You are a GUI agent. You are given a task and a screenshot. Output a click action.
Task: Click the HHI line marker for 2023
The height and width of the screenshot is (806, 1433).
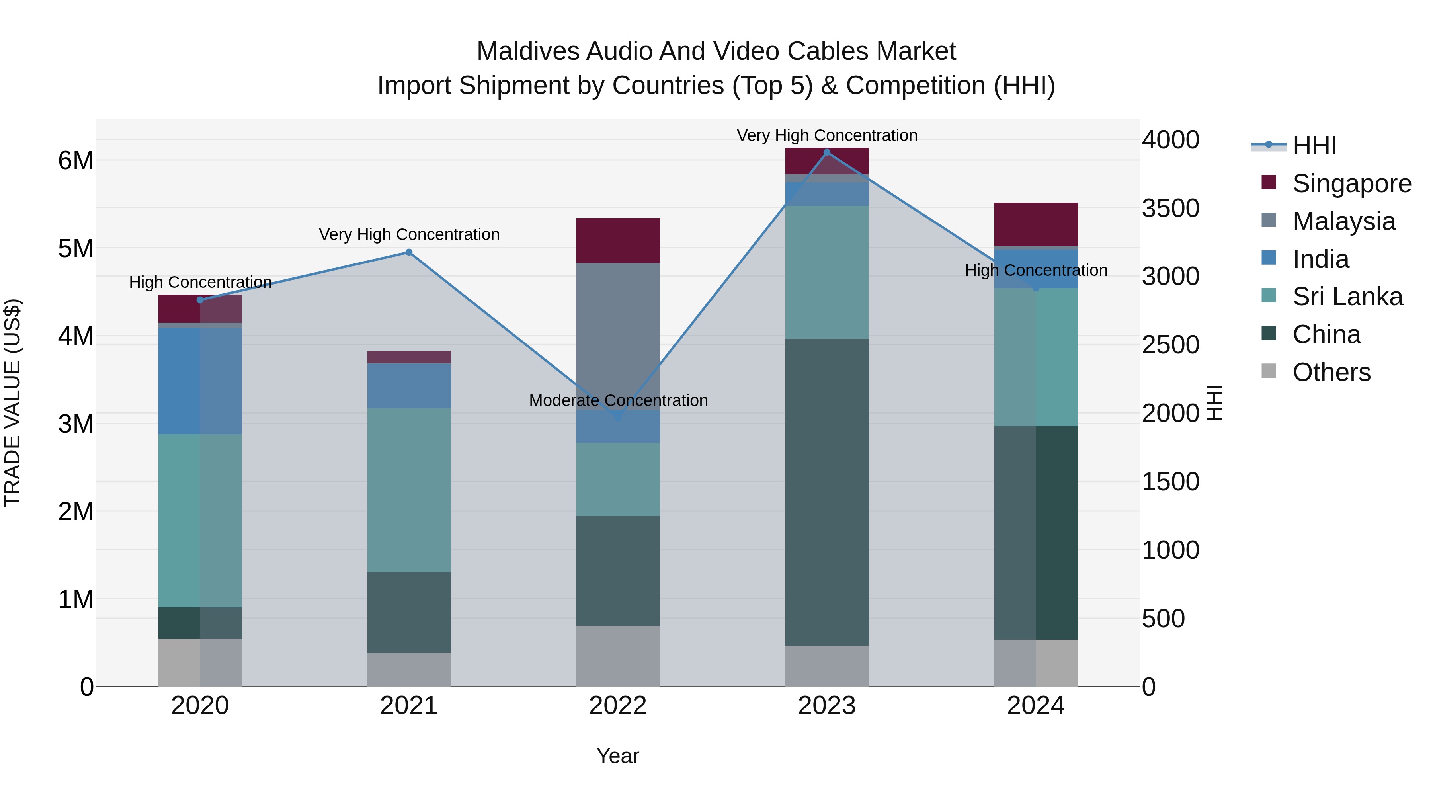[x=827, y=152]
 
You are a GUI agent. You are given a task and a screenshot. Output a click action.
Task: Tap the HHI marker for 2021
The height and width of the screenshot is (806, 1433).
[x=409, y=252]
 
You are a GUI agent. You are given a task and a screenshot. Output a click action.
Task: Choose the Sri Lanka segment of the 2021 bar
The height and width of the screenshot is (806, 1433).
[x=409, y=490]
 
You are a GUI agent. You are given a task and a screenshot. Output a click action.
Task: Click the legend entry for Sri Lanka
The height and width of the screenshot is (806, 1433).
[x=1347, y=297]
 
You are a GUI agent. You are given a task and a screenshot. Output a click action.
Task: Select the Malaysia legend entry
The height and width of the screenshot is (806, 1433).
[x=1343, y=221]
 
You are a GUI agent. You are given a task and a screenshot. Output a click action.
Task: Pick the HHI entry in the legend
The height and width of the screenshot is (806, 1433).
[x=1314, y=146]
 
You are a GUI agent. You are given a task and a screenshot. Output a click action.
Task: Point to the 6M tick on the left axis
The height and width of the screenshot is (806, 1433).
[x=76, y=161]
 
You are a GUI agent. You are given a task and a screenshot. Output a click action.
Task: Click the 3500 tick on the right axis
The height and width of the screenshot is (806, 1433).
[x=1170, y=208]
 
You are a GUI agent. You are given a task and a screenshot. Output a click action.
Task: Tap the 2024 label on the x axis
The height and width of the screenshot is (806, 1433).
[x=1035, y=706]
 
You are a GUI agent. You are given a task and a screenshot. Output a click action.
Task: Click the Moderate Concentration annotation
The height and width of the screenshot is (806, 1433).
[x=618, y=400]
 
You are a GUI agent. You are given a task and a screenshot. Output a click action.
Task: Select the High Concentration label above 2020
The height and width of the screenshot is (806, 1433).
[x=200, y=282]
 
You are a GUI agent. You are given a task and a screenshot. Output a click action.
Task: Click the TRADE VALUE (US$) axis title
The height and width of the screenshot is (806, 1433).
[x=13, y=403]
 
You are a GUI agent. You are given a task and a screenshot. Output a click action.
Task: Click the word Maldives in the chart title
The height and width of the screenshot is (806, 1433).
[x=528, y=51]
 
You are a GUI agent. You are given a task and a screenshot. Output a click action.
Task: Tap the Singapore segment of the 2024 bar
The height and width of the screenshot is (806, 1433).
[x=1035, y=224]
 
